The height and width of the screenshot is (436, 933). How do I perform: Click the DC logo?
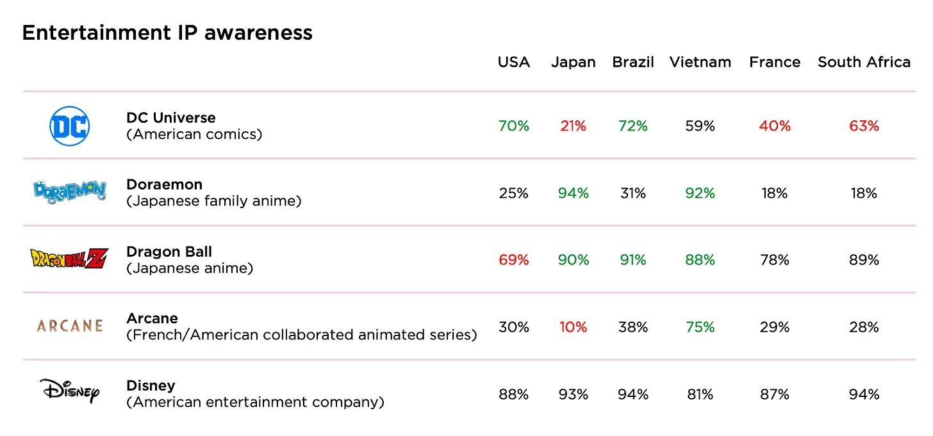coord(70,126)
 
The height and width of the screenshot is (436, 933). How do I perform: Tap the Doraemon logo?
coord(70,191)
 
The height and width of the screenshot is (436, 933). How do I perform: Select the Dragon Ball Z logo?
coord(70,258)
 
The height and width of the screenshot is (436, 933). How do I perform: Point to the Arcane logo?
coord(70,326)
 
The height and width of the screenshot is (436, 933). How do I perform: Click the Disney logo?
coord(70,391)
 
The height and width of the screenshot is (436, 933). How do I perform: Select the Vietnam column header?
coord(700,62)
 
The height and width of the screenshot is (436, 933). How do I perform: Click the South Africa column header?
coord(864,62)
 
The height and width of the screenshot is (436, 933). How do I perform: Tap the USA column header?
coord(514,62)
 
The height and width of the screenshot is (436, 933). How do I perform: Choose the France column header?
coord(775,62)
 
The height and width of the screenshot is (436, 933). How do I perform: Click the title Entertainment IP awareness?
coord(167,33)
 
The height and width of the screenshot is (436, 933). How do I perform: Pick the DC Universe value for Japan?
coord(573,126)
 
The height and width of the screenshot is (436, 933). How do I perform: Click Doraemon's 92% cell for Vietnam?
coord(700,193)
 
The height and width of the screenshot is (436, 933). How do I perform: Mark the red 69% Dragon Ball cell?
coord(514,260)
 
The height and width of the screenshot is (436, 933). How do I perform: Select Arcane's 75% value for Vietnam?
coord(700,327)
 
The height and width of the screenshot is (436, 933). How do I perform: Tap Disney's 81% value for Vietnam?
coord(700,394)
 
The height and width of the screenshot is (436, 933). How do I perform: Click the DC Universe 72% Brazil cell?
coord(633,126)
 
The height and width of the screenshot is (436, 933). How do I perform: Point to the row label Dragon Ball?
coord(169,252)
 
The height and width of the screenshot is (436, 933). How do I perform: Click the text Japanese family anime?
coord(214,201)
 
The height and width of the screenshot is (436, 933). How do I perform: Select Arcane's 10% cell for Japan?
coord(573,327)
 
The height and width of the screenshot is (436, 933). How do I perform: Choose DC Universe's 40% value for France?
coord(775,126)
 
